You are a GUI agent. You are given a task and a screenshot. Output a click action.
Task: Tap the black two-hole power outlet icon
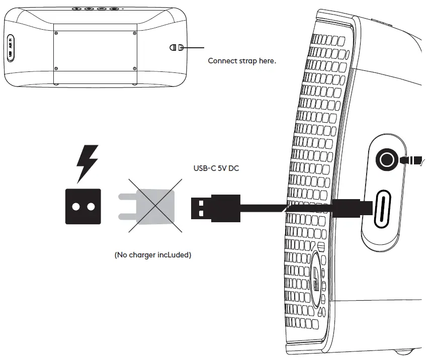83,206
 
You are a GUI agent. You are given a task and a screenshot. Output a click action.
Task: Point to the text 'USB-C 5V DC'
216,168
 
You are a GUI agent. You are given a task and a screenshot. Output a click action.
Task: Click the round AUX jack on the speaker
387,160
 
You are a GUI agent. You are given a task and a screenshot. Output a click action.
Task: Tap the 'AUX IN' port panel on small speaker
11,48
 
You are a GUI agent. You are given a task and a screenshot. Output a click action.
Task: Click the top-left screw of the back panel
56,33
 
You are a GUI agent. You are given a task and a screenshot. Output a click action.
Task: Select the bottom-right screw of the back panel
134,68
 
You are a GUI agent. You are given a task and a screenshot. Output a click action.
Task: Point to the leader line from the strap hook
194,48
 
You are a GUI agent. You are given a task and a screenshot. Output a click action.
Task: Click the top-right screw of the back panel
134,33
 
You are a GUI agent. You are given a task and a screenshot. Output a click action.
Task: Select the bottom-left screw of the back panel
56,68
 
